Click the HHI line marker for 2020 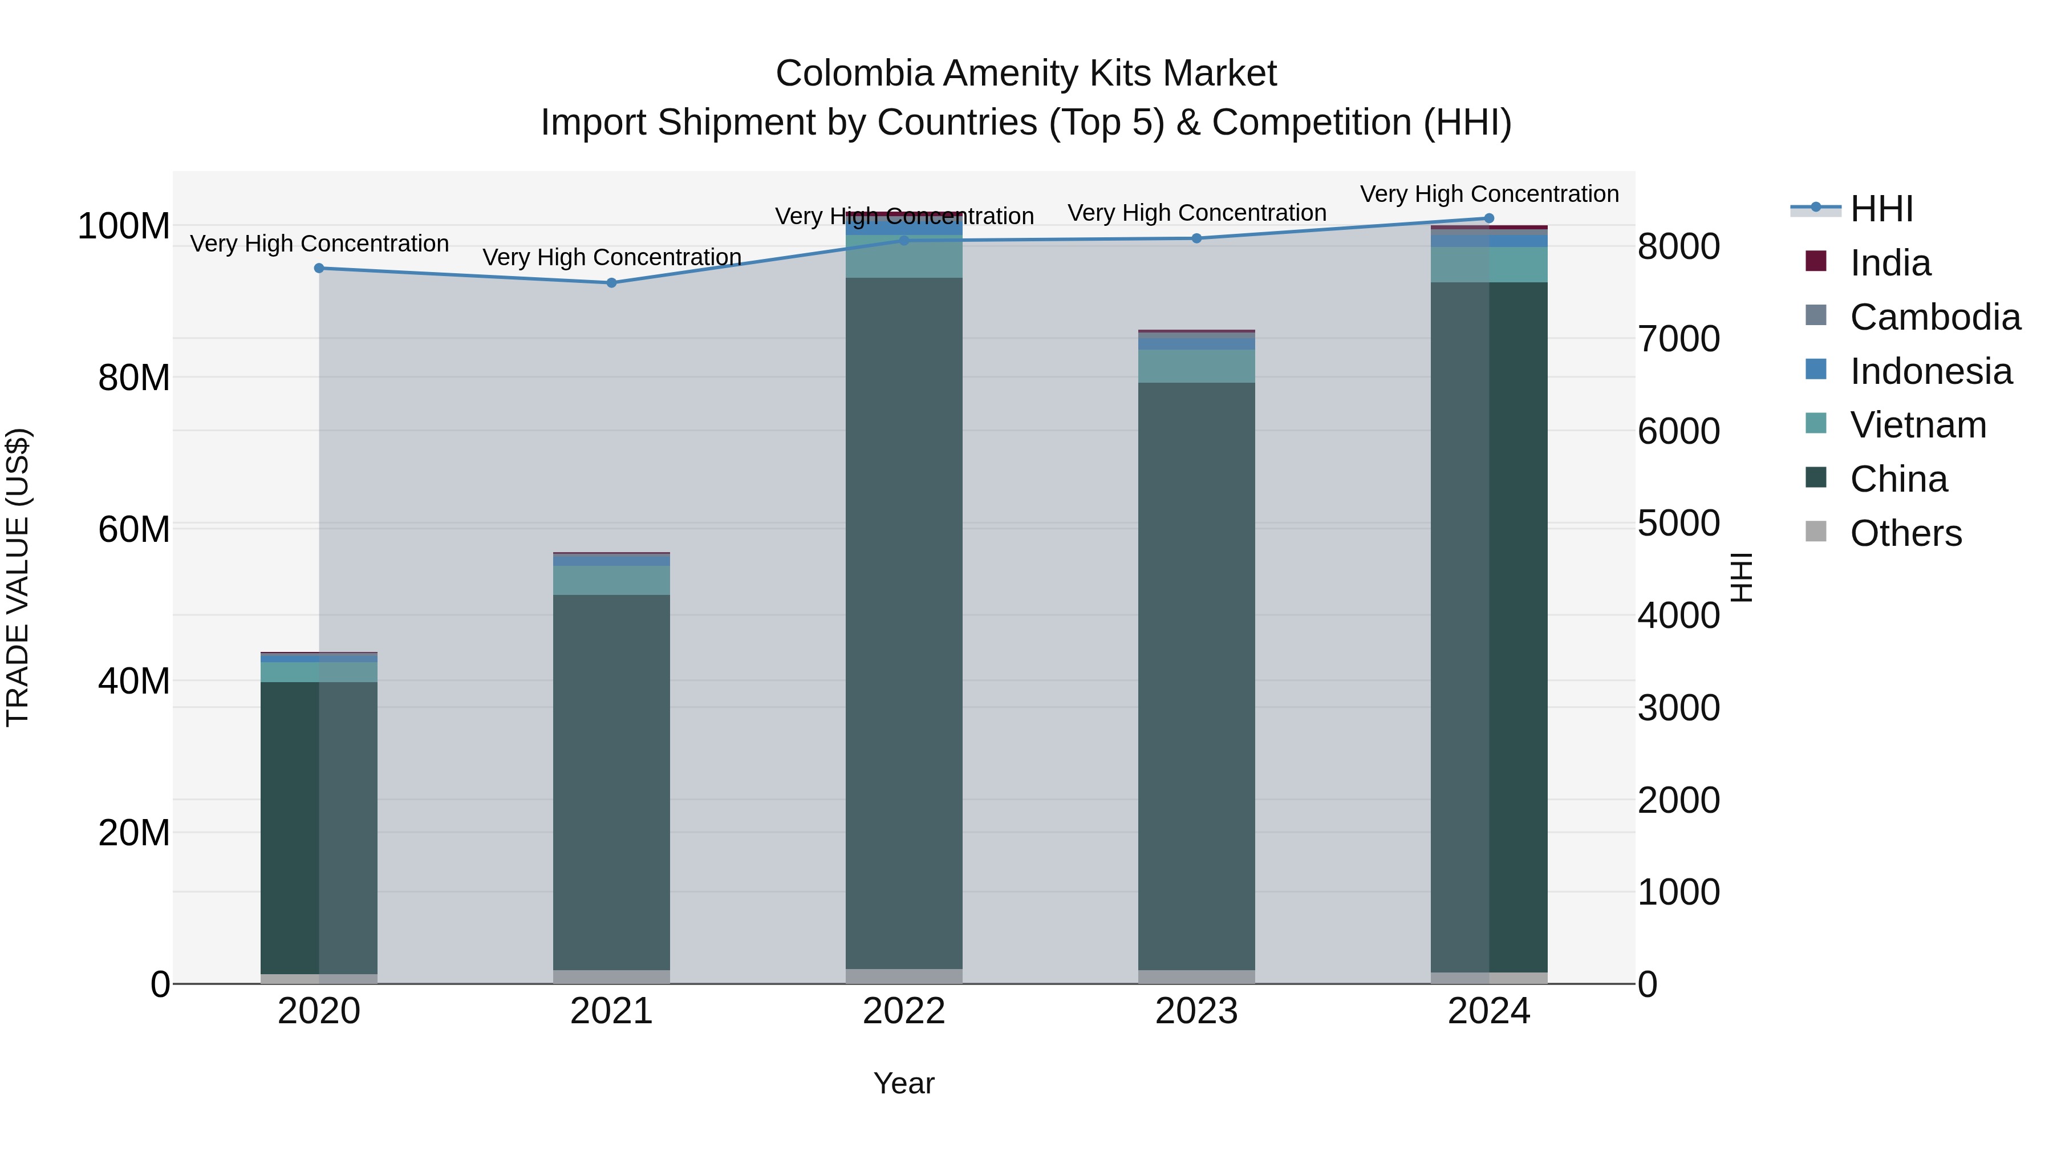click(319, 268)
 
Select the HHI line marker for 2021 click(611, 283)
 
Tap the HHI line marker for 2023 click(1196, 238)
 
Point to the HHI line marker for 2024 click(1489, 218)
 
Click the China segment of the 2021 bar click(611, 781)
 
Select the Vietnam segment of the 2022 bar click(904, 257)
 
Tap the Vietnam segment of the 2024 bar click(1489, 265)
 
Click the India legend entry click(1890, 263)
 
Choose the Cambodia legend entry click(1934, 317)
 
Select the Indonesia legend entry click(1930, 371)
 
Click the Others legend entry click(1905, 533)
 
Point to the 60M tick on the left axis click(134, 529)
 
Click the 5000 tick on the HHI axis click(1678, 524)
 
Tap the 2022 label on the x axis click(904, 1011)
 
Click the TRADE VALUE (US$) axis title click(18, 577)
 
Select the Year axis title click(904, 1083)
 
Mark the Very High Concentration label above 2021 click(611, 257)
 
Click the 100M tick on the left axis click(124, 226)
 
